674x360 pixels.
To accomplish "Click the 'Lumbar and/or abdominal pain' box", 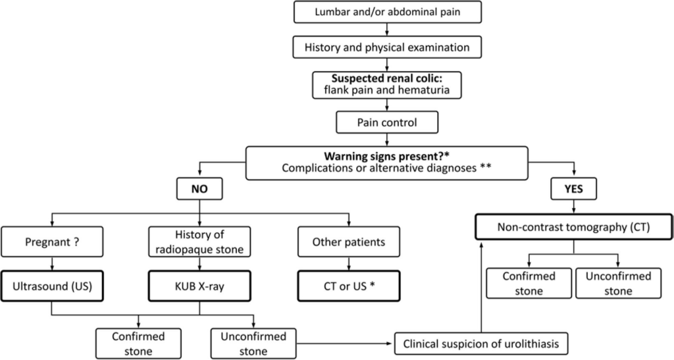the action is (387, 12).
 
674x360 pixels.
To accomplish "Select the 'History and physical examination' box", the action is (387, 47).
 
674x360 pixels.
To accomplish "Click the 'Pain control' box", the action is (387, 122).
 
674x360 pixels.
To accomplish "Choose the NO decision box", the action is (199, 189).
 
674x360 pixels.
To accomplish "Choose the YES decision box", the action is (574, 189).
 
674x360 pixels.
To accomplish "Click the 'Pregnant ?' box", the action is (52, 242).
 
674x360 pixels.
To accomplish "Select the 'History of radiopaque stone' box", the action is (199, 242).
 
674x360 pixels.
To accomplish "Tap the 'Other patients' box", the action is (349, 242).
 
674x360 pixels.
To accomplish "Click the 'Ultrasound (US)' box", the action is (52, 286).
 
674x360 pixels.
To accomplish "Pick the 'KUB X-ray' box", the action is (199, 286).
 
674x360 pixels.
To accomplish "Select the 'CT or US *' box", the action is (349, 286).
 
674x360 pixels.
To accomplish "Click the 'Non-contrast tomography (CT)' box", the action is (574, 227).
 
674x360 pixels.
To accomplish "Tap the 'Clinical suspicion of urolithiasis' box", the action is (481, 344).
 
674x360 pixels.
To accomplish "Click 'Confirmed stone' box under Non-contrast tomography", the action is (529, 283).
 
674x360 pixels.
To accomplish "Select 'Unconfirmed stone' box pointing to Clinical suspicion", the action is (253, 344).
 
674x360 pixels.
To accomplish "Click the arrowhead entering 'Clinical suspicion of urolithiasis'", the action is (392, 344).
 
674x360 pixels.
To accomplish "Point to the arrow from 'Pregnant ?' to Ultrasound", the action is (52, 264).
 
